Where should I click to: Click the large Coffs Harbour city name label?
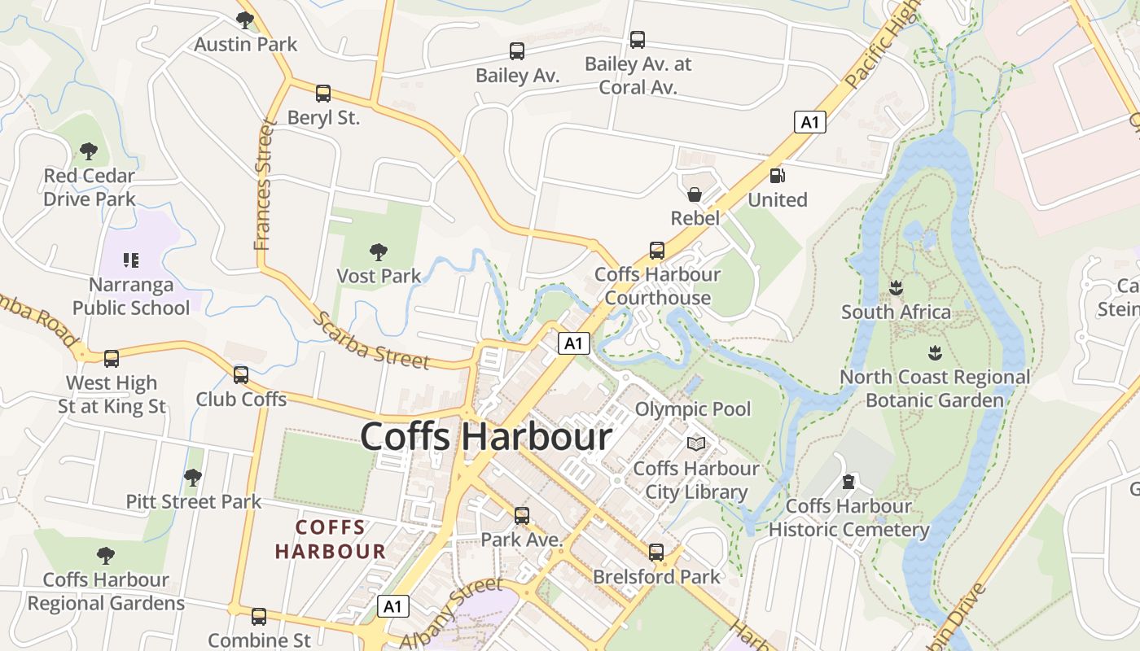click(x=486, y=437)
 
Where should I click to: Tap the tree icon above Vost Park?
click(x=378, y=251)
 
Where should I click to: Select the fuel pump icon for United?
click(x=778, y=175)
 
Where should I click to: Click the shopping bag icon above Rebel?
click(x=695, y=194)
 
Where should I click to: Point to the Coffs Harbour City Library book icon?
click(x=696, y=443)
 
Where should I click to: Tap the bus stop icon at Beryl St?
click(x=323, y=93)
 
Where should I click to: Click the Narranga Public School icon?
click(x=131, y=260)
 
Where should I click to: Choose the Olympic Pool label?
click(x=693, y=409)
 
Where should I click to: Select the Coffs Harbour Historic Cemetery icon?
click(x=849, y=482)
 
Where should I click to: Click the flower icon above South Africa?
click(x=896, y=287)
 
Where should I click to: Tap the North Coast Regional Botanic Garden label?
click(x=935, y=389)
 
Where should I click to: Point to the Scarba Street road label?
click(x=370, y=340)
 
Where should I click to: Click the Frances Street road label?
click(x=264, y=185)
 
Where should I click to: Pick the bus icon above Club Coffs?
click(x=241, y=374)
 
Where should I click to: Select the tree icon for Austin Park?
click(x=244, y=20)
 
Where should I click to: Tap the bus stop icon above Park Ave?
click(x=521, y=515)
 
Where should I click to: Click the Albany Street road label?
click(x=452, y=608)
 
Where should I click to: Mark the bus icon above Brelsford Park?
click(x=656, y=553)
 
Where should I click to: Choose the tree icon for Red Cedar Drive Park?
click(x=89, y=151)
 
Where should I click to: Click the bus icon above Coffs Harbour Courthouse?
click(x=656, y=250)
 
